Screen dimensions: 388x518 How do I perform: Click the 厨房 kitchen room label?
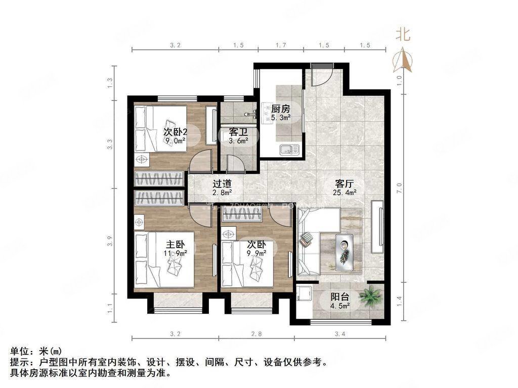pos(280,109)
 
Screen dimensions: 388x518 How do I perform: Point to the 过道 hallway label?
pos(222,183)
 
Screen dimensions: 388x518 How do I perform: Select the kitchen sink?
pos(289,149)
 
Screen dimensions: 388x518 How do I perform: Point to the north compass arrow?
pos(403,59)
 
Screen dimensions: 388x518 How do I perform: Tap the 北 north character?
pos(403,34)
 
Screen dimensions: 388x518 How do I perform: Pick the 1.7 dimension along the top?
pos(280,45)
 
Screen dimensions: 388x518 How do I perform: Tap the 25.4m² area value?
pos(346,192)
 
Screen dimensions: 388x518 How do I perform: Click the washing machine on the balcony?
pos(304,295)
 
